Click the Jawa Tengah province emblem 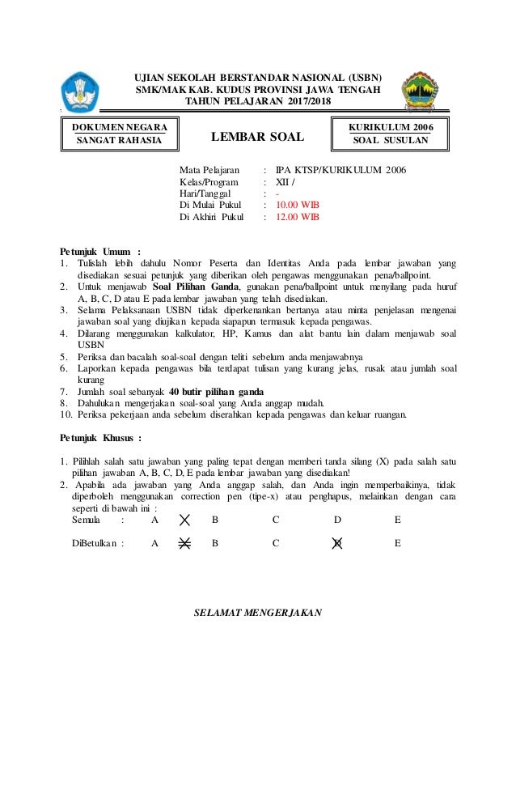421,90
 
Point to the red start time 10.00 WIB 298,206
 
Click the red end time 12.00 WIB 298,218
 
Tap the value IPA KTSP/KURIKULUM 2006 340,170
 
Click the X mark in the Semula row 185,521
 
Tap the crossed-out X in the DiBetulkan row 185,544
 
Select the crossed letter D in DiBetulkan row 337,544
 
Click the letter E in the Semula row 397,521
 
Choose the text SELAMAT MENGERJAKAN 258,612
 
